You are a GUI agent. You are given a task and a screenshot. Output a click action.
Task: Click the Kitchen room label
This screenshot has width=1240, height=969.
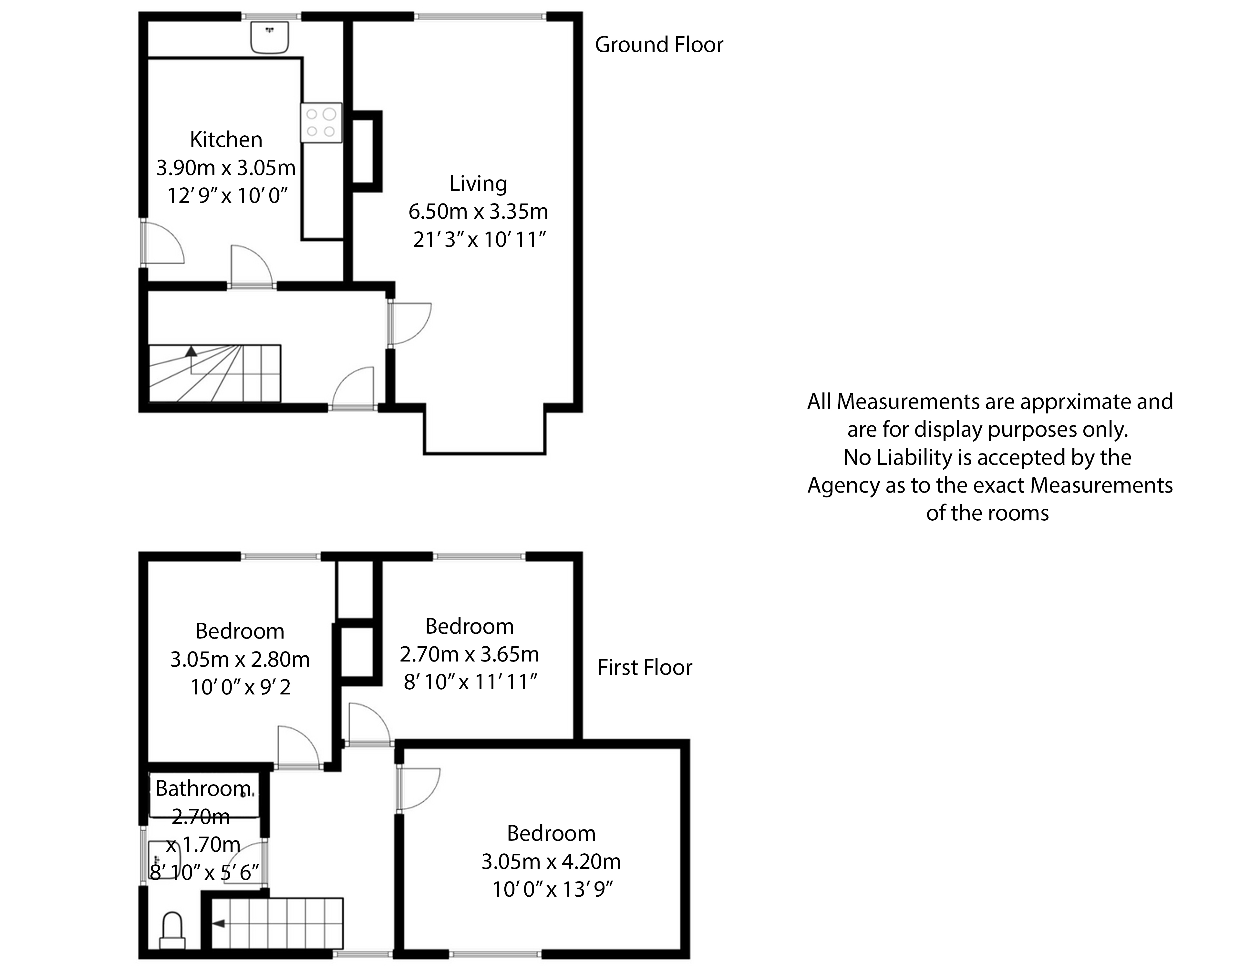point(226,140)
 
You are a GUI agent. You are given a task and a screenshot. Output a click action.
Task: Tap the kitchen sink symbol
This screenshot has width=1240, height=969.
point(270,37)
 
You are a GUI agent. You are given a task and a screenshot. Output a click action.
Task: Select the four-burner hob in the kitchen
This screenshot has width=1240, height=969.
point(321,123)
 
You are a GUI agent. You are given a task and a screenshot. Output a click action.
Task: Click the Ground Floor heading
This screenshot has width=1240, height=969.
point(659,45)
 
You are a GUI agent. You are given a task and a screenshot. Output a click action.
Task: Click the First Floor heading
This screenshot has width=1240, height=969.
point(645,667)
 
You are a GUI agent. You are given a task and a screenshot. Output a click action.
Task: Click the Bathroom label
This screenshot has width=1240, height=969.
point(203,788)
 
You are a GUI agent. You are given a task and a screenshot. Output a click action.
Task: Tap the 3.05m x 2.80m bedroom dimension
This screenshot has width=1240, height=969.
point(240,660)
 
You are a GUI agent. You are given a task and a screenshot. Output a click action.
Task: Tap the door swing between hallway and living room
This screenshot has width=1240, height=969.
point(410,324)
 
